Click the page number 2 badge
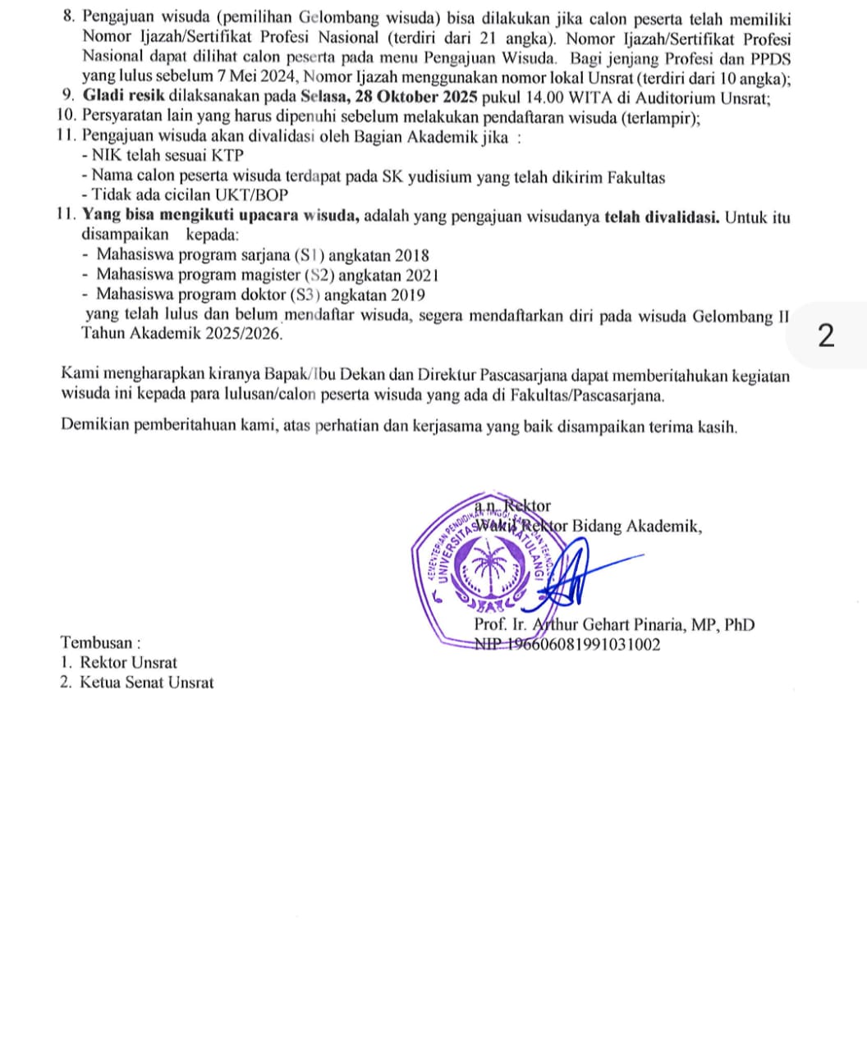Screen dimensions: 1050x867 click(x=827, y=336)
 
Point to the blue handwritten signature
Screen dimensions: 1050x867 click(x=575, y=574)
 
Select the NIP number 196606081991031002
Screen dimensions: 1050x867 click(x=567, y=644)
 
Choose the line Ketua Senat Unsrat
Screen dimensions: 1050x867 click(x=146, y=682)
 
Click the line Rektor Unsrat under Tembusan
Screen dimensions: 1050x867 click(x=128, y=663)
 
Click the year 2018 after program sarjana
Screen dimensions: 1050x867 click(x=411, y=256)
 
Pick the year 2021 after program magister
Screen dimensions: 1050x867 click(x=421, y=276)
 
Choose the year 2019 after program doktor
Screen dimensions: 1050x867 click(x=407, y=295)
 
